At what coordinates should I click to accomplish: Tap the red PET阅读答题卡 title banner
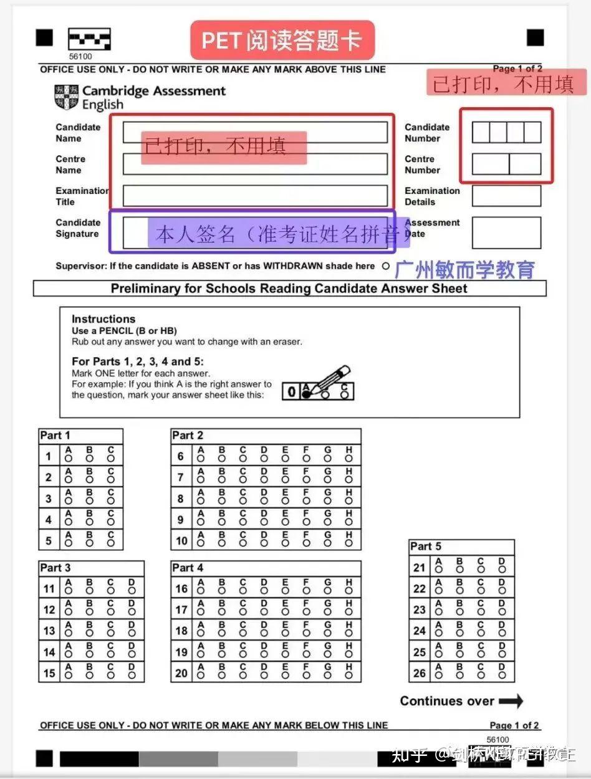click(282, 41)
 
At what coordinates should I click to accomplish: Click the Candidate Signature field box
click(255, 232)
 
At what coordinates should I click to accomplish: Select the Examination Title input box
click(255, 196)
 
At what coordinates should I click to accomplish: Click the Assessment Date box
click(506, 232)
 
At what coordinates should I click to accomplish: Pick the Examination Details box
click(506, 196)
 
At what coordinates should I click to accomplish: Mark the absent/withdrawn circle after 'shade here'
click(385, 266)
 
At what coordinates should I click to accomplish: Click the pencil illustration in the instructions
click(330, 379)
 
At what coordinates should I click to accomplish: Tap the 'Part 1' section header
click(55, 436)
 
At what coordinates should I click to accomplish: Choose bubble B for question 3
click(89, 500)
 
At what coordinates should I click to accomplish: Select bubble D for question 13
click(132, 633)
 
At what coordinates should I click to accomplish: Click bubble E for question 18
click(285, 633)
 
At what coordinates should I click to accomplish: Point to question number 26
click(420, 672)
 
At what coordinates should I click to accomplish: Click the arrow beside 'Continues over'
click(511, 701)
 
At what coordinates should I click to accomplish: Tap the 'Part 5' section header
click(426, 547)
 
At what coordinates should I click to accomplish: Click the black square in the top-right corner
click(535, 37)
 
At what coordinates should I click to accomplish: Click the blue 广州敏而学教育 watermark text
click(465, 269)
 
